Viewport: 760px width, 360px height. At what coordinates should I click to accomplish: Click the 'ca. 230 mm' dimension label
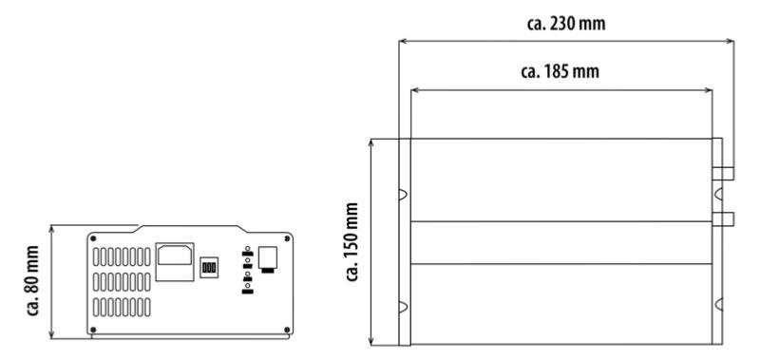(565, 23)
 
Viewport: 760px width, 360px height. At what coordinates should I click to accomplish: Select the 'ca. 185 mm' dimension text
(560, 71)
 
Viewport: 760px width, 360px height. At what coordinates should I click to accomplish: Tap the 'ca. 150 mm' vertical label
(351, 242)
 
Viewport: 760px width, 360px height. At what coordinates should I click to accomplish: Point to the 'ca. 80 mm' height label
(32, 280)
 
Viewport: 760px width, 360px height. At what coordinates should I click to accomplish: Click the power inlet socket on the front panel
(175, 261)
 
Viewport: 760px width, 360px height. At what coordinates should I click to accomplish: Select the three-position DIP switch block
(209, 267)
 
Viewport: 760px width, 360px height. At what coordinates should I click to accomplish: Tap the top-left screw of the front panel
(93, 238)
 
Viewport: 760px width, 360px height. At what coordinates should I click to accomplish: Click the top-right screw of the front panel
(287, 238)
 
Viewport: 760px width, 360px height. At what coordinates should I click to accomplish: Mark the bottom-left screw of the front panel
(93, 330)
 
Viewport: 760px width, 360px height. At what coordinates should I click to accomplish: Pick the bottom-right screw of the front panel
(287, 330)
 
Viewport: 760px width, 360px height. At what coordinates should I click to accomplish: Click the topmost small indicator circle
(248, 249)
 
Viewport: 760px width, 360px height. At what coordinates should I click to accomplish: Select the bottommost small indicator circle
(248, 286)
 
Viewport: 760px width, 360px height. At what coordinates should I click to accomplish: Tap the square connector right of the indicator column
(268, 257)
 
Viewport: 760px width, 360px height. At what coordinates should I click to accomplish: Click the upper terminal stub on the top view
(723, 173)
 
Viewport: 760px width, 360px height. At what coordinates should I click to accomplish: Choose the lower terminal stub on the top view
(723, 219)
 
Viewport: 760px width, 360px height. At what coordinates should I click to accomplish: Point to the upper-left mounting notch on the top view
(403, 195)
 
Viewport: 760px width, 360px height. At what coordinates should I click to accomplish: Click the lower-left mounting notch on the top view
(403, 305)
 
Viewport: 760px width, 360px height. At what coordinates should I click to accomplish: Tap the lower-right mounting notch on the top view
(719, 304)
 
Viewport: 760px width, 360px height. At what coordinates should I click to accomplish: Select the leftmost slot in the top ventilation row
(96, 256)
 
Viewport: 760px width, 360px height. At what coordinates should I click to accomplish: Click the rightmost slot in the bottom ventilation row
(147, 307)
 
